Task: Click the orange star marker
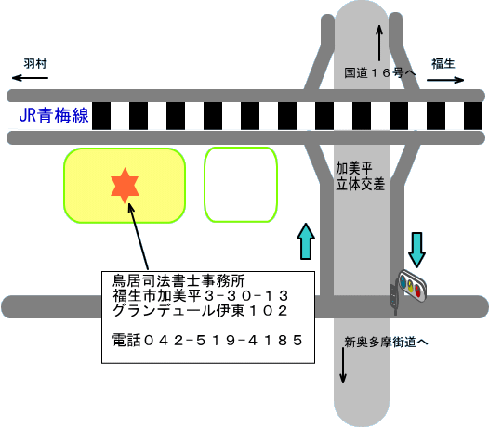click(x=125, y=186)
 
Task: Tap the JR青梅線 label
click(x=54, y=115)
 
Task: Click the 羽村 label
click(x=35, y=63)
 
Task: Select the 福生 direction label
click(x=443, y=63)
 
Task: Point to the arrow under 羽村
click(x=30, y=78)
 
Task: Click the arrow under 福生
click(x=445, y=80)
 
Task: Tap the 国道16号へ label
click(x=380, y=73)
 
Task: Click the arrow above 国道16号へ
click(x=379, y=43)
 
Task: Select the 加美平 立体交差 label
click(x=360, y=176)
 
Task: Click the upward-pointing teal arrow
click(x=306, y=241)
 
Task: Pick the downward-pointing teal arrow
click(x=417, y=250)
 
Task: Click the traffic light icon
click(x=408, y=290)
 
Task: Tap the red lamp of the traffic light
click(x=418, y=291)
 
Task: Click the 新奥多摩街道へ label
click(x=386, y=343)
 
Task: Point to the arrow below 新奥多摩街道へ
click(x=343, y=366)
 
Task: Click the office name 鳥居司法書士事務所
click(x=178, y=280)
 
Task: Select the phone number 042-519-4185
click(x=207, y=340)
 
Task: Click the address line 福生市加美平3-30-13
click(x=201, y=295)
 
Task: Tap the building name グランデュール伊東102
click(x=200, y=311)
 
